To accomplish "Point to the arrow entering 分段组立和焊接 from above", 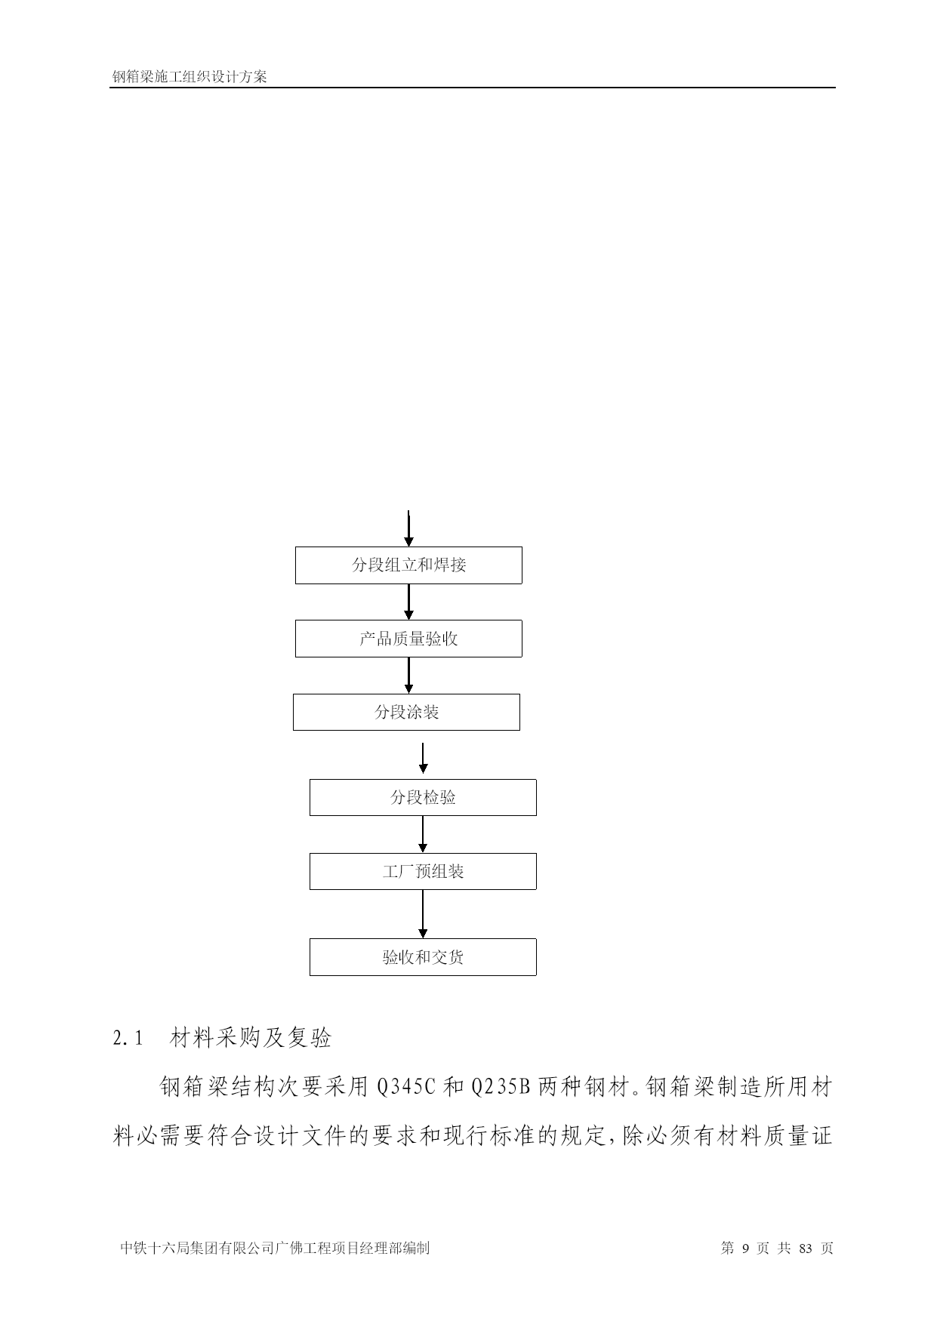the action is click(x=408, y=528).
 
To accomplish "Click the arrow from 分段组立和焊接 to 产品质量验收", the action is click(x=408, y=602).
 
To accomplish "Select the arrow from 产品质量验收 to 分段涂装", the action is click(x=408, y=676).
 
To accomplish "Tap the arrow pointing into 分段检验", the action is click(x=423, y=759).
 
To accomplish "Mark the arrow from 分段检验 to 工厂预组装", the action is click(x=423, y=835).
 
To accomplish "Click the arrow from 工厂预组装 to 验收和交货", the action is click(x=423, y=914).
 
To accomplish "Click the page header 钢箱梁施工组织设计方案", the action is click(x=190, y=77).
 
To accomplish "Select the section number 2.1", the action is click(x=128, y=1039).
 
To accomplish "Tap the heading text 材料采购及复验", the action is click(x=251, y=1038).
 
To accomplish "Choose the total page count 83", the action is click(x=805, y=1249).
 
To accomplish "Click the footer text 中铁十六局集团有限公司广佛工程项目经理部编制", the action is click(x=275, y=1249).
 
